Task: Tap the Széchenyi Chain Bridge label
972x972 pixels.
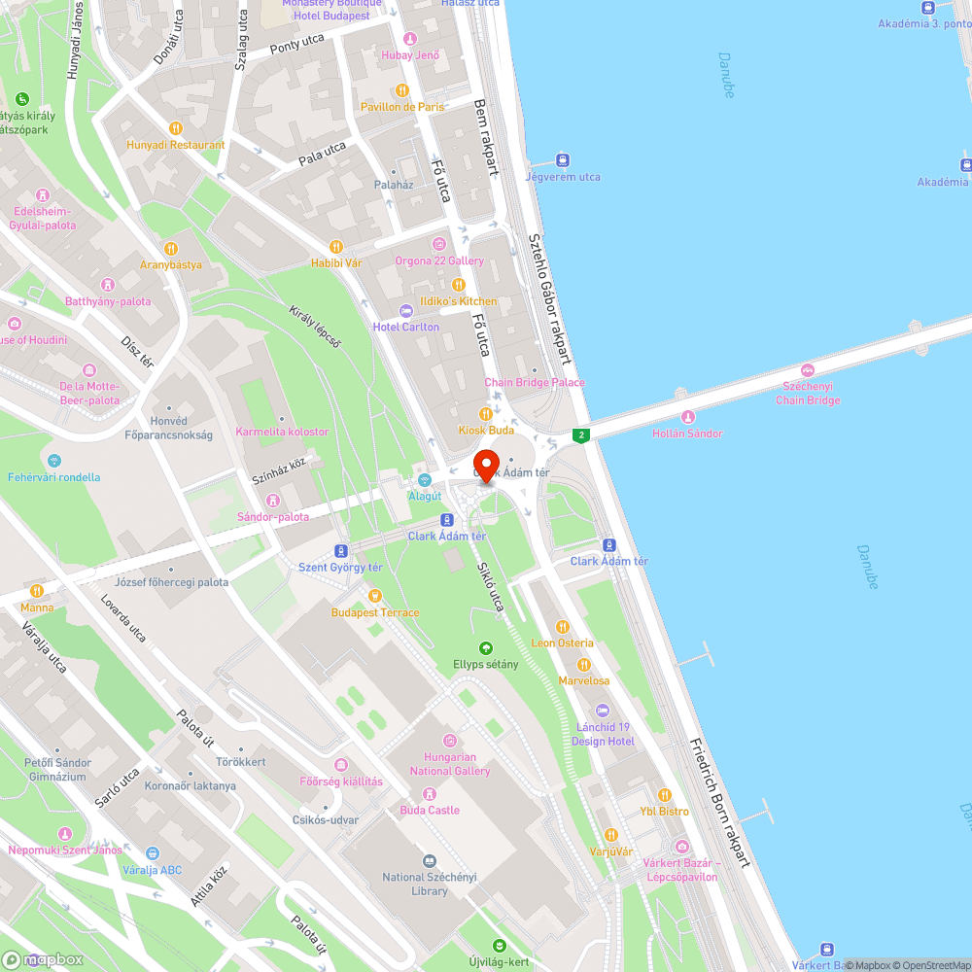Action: [x=808, y=393]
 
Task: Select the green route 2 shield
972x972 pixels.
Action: [x=581, y=434]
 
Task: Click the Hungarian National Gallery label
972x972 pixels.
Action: [x=450, y=764]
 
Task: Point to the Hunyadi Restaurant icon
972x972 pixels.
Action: [x=175, y=127]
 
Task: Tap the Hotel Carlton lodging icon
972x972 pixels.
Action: [x=406, y=309]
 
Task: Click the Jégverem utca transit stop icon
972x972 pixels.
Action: [x=562, y=160]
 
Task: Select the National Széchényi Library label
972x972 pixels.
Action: [x=430, y=884]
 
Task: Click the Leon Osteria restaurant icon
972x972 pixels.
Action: [x=562, y=626]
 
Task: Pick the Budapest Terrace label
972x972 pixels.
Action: [x=375, y=612]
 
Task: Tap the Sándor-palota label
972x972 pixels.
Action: [x=273, y=516]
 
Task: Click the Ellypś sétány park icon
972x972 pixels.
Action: [x=485, y=647]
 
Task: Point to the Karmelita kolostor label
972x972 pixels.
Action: [x=282, y=432]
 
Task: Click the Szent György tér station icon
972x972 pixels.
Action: [x=340, y=550]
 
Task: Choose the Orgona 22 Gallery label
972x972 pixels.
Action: [x=439, y=260]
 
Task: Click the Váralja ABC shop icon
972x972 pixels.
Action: [x=153, y=852]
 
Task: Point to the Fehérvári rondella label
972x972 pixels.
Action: [x=53, y=477]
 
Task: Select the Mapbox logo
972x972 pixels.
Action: [x=43, y=959]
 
